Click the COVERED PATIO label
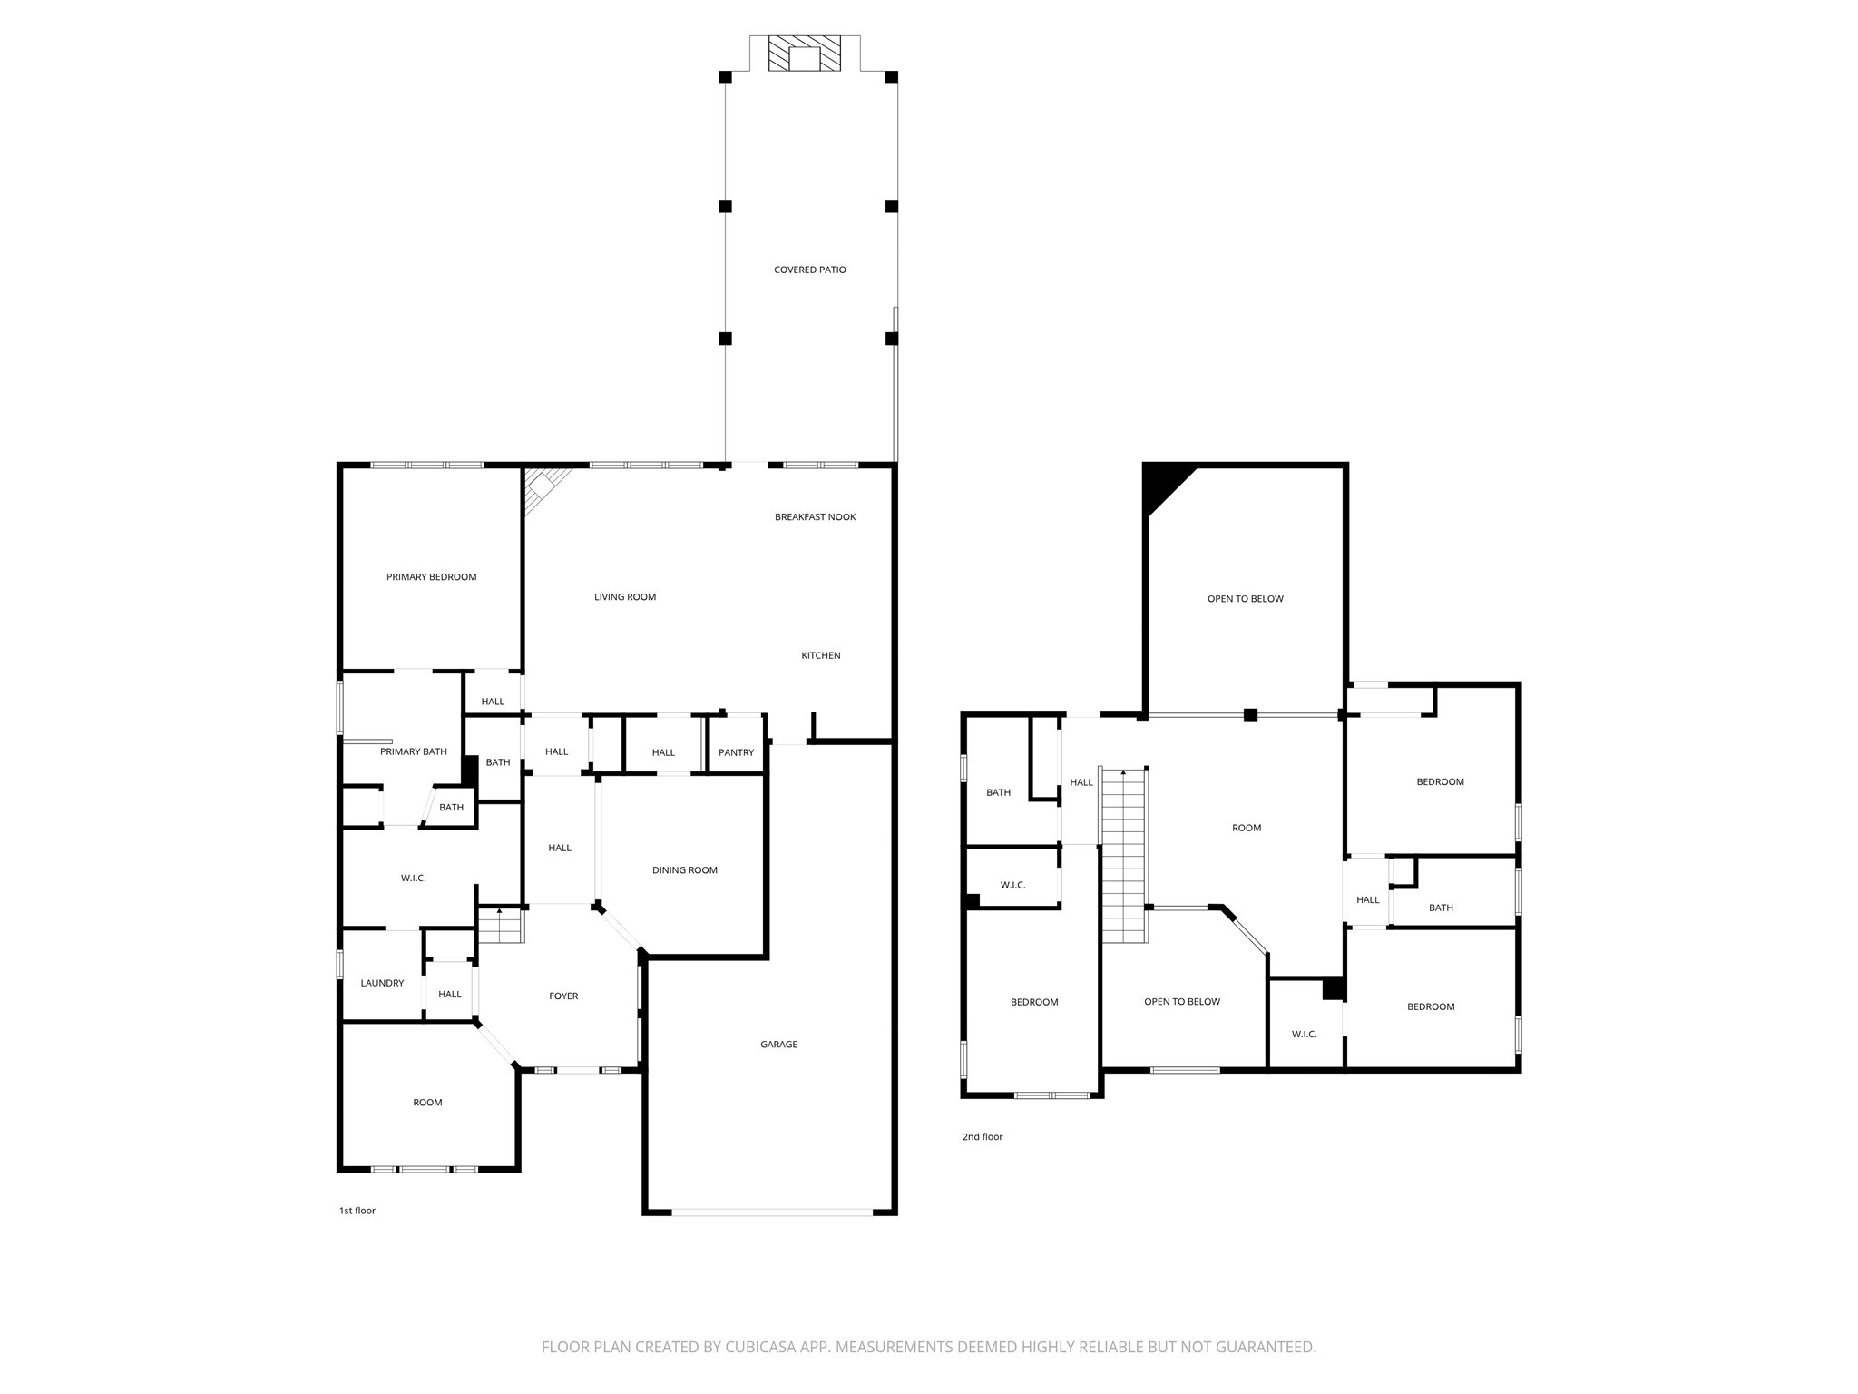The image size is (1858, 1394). pos(809,270)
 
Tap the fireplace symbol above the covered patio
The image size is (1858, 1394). pos(804,54)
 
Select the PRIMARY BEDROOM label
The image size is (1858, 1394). pos(431,577)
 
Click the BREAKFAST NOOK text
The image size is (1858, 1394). pos(815,517)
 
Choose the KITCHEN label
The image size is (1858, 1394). pos(820,655)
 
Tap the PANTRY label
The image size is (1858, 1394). pos(736,752)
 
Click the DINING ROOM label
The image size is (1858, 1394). pos(684,870)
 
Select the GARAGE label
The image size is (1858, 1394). pos(778,1045)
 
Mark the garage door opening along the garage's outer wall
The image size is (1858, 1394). pos(771,1212)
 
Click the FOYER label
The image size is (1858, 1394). pos(562,996)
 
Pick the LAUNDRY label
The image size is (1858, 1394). pos(382,983)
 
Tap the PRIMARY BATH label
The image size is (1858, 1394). pos(413,751)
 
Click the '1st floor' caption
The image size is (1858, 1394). pos(357,1211)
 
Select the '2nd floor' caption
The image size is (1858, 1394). pos(983,1137)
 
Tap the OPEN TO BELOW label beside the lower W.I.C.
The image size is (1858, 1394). pos(1181,1002)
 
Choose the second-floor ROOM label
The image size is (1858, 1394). pos(1247,828)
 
